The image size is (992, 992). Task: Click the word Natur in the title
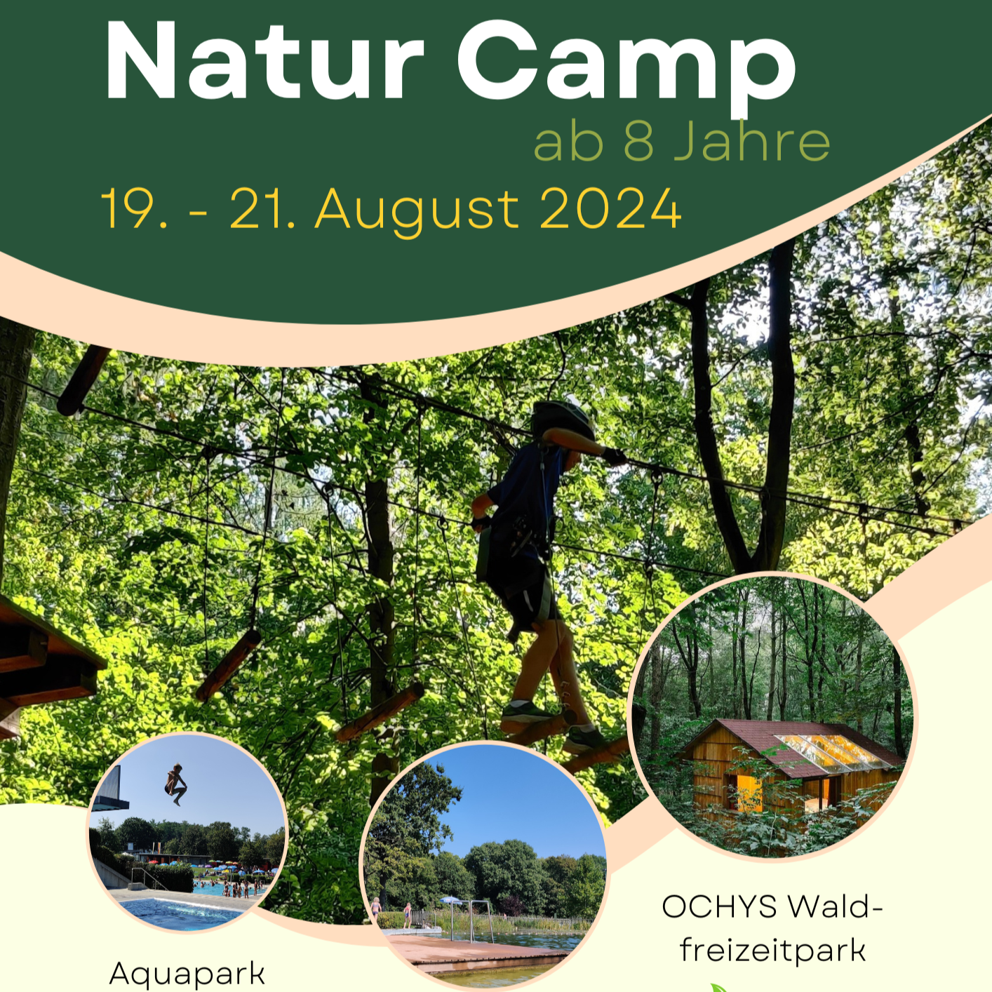[264, 61]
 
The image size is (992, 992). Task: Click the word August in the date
[417, 211]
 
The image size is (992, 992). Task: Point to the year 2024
[610, 208]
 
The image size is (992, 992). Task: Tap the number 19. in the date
[134, 208]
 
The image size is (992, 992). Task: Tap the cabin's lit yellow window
[749, 788]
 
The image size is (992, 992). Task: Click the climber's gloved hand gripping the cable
[615, 455]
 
